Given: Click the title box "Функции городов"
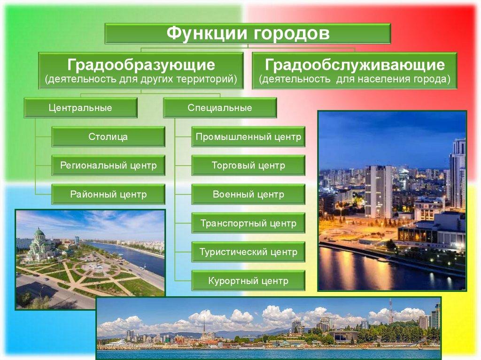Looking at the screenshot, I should pyautogui.click(x=248, y=34).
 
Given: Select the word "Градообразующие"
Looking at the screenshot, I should pyautogui.click(x=141, y=64).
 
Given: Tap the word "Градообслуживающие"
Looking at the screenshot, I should pyautogui.click(x=354, y=64).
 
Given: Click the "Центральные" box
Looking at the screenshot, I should pyautogui.click(x=80, y=108).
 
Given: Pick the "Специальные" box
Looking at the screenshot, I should pyautogui.click(x=220, y=108).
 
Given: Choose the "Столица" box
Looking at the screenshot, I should pyautogui.click(x=108, y=137).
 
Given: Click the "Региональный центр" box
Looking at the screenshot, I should pyautogui.click(x=108, y=166).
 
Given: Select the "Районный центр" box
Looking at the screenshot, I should pyautogui.click(x=108, y=194).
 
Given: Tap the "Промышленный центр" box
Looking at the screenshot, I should pyautogui.click(x=248, y=137).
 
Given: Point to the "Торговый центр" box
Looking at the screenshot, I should pyautogui.click(x=248, y=166).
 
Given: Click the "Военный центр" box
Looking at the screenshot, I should pyautogui.click(x=248, y=194).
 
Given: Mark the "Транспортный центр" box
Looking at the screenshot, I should pyautogui.click(x=248, y=223).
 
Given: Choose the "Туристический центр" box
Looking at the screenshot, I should pyautogui.click(x=248, y=252).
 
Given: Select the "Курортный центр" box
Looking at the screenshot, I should pyautogui.click(x=248, y=281).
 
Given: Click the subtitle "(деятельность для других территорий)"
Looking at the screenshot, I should pyautogui.click(x=141, y=79).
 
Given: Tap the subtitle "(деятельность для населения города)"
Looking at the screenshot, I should pyautogui.click(x=354, y=79).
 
